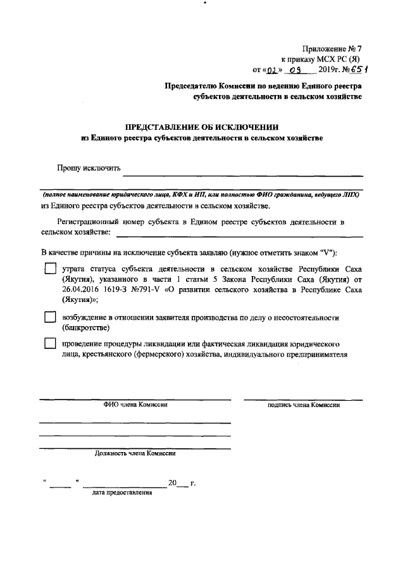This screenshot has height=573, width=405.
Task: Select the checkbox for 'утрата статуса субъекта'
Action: pos(50,269)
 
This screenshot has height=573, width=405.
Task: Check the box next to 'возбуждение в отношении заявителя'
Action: pos(50,317)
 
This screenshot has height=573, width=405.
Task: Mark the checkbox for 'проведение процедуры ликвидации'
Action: pos(50,344)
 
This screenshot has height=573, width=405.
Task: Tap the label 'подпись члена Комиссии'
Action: pos(304,405)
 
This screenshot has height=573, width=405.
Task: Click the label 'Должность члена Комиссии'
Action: pos(135,453)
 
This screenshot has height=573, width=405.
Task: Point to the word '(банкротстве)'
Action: pos(86,328)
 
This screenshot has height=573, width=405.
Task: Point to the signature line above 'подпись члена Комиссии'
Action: pos(303,399)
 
